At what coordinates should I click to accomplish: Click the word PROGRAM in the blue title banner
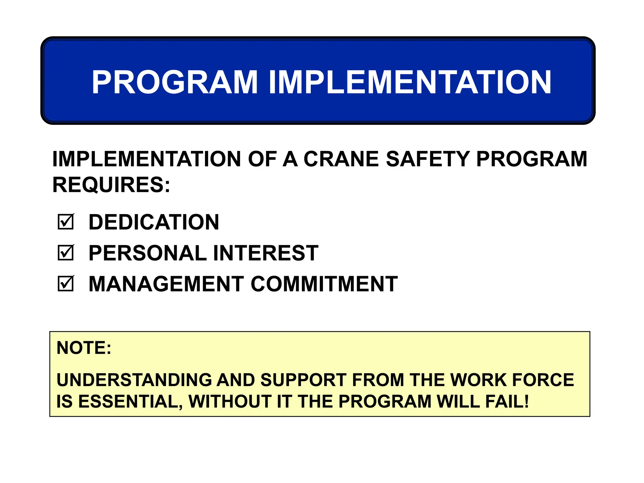[175, 82]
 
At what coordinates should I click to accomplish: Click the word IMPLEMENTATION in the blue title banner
[410, 82]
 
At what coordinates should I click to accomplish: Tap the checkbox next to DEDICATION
[66, 222]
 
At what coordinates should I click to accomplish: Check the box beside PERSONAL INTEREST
[66, 253]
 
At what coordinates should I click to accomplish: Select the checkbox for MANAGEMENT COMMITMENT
[66, 284]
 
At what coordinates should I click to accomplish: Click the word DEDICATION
[154, 222]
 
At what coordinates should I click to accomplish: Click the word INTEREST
[266, 253]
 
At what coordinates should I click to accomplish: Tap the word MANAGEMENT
[166, 284]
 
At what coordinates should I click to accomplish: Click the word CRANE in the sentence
[341, 159]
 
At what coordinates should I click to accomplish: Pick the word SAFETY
[427, 159]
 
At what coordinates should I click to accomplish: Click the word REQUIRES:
[111, 185]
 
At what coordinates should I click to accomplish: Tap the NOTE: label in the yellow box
[84, 348]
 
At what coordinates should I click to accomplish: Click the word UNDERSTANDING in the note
[134, 380]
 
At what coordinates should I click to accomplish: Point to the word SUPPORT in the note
[303, 380]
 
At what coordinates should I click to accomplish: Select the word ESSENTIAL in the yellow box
[130, 402]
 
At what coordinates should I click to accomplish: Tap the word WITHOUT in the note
[230, 402]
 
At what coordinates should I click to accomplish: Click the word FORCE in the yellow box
[543, 380]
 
